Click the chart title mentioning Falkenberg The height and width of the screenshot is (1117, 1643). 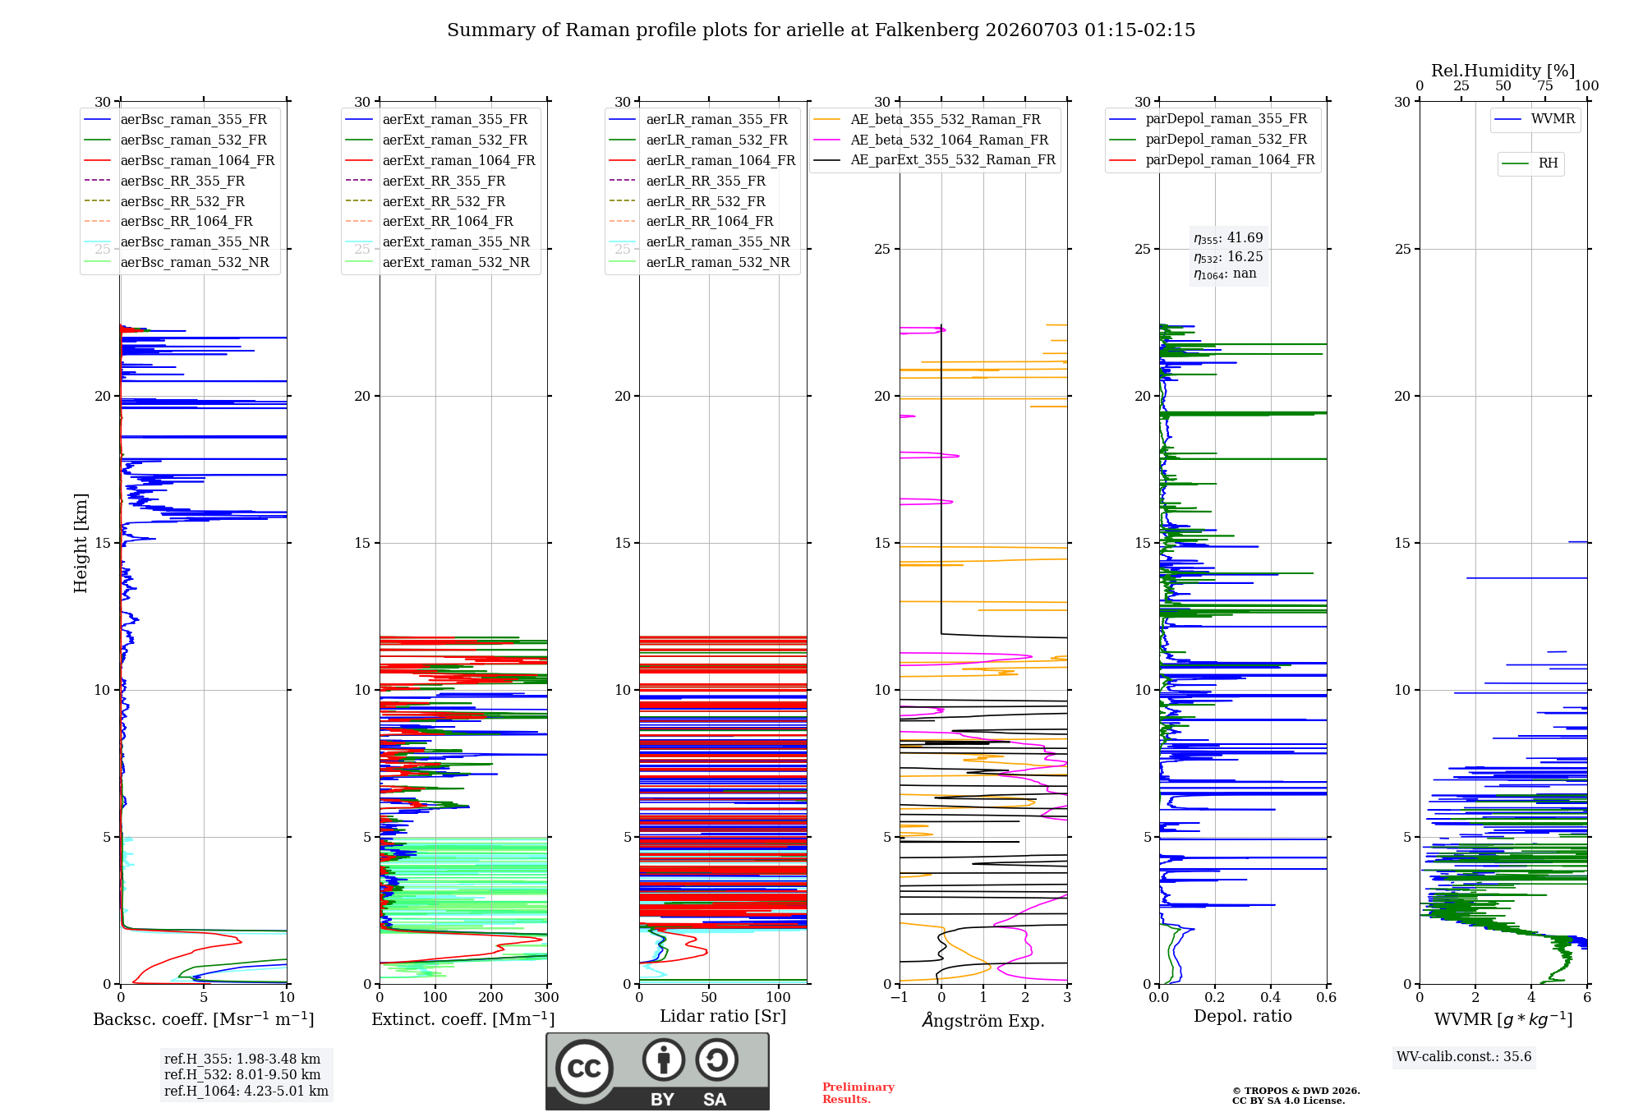[x=821, y=30]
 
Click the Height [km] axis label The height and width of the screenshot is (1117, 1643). [x=81, y=543]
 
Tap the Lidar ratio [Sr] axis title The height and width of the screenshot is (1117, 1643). [x=723, y=1016]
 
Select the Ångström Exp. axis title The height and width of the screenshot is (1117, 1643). [x=983, y=1020]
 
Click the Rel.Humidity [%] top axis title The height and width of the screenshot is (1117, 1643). [x=1503, y=71]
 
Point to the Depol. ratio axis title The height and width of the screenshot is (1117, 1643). [x=1243, y=1016]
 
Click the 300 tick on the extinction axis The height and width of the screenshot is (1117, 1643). [x=546, y=997]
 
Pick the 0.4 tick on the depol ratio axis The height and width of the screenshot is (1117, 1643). [x=1271, y=997]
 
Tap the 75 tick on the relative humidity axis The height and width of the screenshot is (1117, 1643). [x=1545, y=85]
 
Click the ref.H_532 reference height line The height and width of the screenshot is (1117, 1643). [x=242, y=1074]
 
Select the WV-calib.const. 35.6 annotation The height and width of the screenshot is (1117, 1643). [x=1464, y=1056]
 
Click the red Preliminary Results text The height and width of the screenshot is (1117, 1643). [x=858, y=1093]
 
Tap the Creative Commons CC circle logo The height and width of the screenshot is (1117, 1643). [x=584, y=1068]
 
